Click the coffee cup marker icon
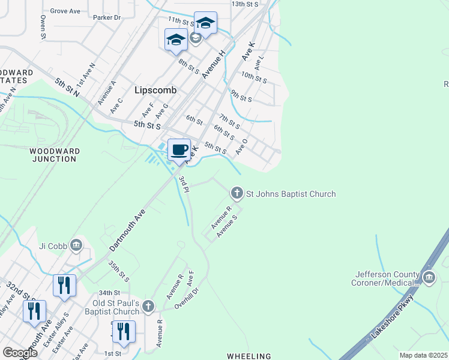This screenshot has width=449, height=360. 179,149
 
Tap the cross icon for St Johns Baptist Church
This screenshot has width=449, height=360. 237,193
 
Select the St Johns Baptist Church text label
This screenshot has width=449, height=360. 291,194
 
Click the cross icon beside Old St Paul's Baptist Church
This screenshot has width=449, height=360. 148,307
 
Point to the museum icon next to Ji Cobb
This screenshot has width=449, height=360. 76,245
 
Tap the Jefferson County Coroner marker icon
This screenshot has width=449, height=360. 429,277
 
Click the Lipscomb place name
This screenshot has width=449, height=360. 155,90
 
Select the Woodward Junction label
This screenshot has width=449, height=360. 53,155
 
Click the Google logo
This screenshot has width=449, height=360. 20,353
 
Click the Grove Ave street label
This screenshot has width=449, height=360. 65,11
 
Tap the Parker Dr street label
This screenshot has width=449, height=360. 107,18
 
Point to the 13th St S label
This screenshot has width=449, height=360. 245,4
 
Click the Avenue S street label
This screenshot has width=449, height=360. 228,224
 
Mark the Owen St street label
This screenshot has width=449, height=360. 43,28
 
